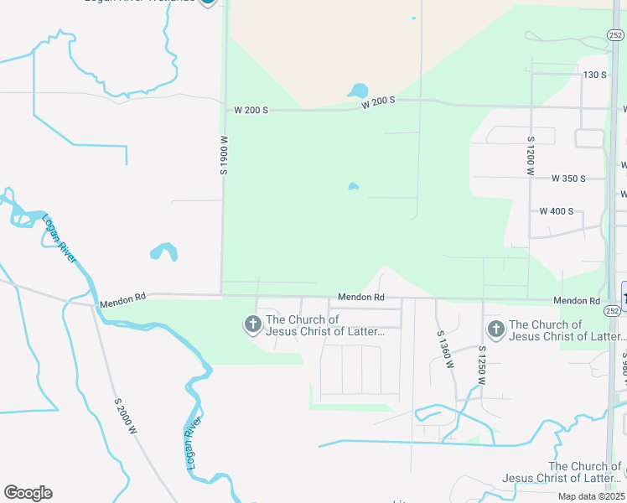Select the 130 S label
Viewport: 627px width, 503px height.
(x=594, y=75)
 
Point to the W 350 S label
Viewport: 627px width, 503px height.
(x=567, y=179)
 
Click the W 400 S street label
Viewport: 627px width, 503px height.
(x=557, y=211)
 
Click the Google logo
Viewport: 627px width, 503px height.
(x=28, y=493)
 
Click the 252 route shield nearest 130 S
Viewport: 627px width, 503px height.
(x=615, y=35)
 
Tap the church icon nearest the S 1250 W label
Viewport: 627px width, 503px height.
(x=495, y=329)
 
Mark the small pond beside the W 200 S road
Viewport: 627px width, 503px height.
(x=358, y=90)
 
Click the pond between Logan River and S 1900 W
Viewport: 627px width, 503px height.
(x=163, y=251)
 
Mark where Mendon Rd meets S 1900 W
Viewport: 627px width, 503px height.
(x=222, y=295)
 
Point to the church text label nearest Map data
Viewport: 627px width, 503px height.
(x=562, y=472)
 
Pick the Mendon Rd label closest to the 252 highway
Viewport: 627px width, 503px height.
(x=576, y=301)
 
